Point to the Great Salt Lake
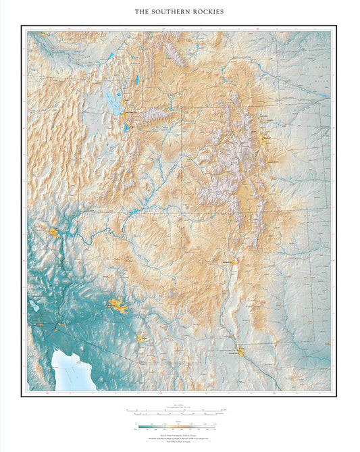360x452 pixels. point(113,102)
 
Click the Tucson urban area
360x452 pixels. point(142,338)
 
